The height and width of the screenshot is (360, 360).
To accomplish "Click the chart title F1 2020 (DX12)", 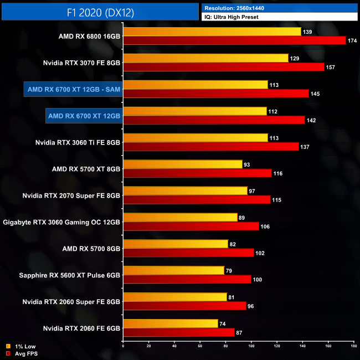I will coord(100,12).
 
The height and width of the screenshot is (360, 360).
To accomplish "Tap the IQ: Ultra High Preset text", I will coord(235,17).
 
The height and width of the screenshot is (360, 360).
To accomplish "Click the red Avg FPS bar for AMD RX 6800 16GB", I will coord(234,40).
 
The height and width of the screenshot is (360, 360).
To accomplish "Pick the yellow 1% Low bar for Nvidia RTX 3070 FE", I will coord(205,58).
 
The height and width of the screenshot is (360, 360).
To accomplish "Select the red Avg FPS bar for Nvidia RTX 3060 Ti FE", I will coord(210,147).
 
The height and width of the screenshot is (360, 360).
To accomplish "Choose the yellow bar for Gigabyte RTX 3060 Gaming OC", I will coord(180,218).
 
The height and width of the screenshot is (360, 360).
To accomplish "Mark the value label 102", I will coord(261,253).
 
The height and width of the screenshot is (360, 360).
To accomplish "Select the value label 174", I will coord(353,40).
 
